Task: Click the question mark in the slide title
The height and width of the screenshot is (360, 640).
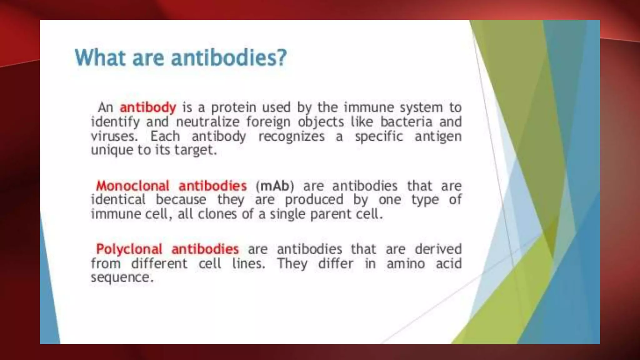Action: tap(281, 57)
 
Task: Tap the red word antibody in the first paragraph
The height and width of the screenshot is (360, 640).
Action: tap(148, 107)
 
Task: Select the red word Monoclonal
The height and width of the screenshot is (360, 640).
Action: tap(132, 186)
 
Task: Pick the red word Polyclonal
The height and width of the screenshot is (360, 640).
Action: tap(129, 249)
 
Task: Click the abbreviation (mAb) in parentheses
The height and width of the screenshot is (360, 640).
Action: tap(275, 186)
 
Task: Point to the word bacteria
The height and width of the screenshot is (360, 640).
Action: tap(406, 122)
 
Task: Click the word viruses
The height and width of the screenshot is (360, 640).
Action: tap(114, 136)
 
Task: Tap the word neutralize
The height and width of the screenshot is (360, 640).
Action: tap(207, 122)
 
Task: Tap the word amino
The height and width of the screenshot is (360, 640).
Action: tap(406, 263)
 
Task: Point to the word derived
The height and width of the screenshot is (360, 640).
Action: tap(438, 249)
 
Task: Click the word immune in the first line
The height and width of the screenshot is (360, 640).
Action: tap(368, 107)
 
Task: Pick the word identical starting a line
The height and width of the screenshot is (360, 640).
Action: tap(118, 200)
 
